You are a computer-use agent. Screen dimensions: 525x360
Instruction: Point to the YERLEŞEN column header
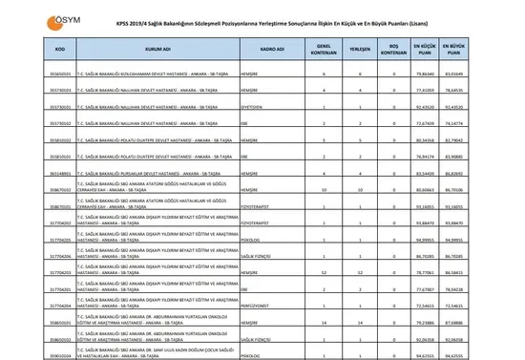(x=359, y=46)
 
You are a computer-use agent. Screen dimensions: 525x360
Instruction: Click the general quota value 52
(x=325, y=271)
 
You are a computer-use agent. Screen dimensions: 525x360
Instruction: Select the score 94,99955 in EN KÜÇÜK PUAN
(x=425, y=238)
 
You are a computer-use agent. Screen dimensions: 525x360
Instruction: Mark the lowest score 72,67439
(x=425, y=122)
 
